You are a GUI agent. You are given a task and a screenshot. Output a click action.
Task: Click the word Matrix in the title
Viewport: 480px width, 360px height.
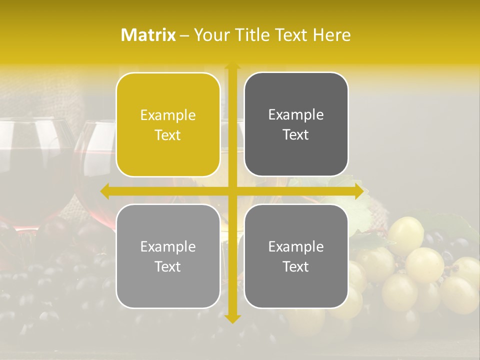point(148,35)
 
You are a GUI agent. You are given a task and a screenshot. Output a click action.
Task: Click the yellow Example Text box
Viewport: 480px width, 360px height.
point(168,124)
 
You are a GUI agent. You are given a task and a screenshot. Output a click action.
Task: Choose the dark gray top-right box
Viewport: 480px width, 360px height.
point(296,124)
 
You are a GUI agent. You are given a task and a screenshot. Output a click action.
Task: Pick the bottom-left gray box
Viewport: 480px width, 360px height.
point(168,256)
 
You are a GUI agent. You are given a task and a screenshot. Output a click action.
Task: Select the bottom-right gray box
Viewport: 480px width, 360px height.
point(296,256)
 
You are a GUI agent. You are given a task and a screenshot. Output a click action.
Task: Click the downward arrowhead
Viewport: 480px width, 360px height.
point(232,318)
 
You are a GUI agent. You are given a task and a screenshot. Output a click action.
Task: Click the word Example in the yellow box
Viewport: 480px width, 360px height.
point(168,115)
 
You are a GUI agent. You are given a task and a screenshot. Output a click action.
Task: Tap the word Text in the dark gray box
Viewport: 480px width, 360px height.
point(296,134)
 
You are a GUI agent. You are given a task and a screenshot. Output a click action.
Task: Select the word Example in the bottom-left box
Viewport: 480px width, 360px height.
point(168,246)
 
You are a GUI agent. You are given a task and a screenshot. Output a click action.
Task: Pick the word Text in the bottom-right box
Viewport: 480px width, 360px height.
point(296,266)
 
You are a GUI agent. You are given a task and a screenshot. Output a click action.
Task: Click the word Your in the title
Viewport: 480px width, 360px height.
point(209,35)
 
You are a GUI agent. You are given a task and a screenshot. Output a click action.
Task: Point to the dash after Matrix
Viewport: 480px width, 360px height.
point(184,35)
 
